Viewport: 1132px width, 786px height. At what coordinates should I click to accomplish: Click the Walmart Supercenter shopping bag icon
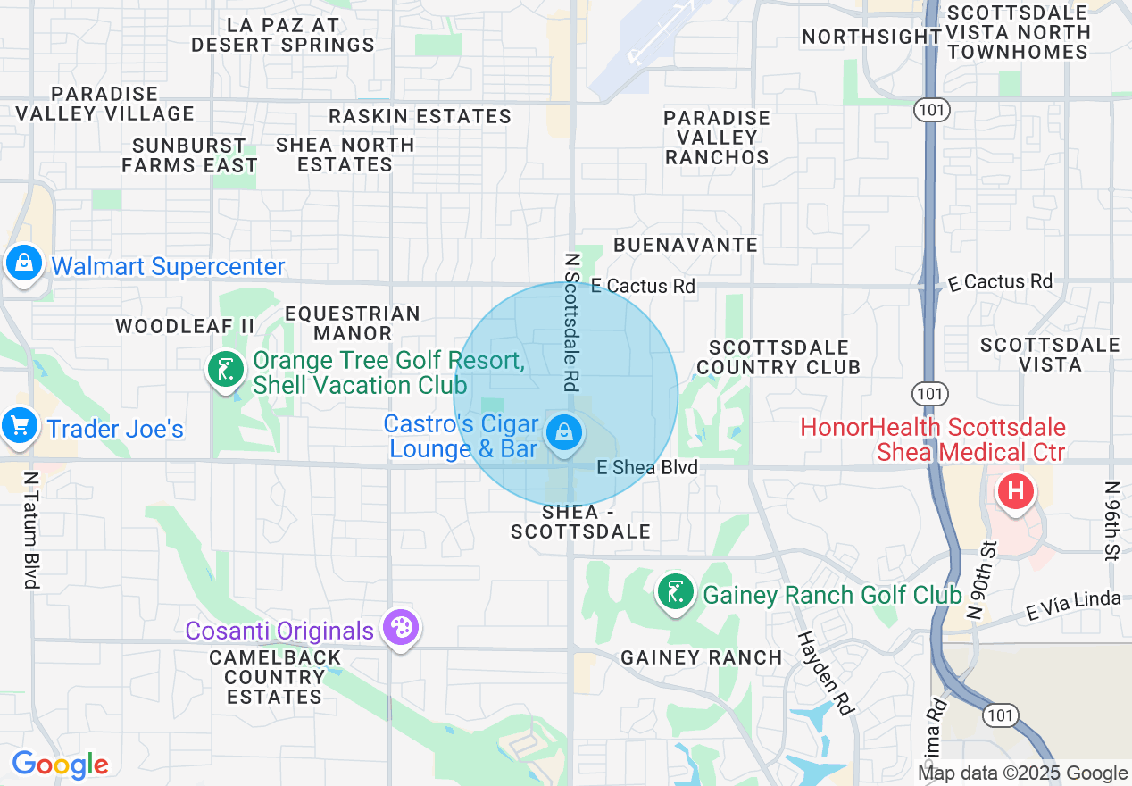click(24, 264)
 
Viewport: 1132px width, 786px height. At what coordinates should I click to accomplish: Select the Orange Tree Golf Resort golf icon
click(227, 369)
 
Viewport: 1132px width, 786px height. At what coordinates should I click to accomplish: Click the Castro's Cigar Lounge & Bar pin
click(563, 434)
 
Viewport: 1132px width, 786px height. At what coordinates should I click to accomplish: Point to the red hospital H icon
click(1015, 490)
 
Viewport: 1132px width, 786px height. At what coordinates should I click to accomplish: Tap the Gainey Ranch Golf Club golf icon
click(676, 592)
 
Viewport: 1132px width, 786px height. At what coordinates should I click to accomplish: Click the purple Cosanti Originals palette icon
click(400, 628)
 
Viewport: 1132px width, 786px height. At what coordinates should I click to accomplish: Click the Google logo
click(60, 765)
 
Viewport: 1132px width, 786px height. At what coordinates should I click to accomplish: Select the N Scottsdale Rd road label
click(571, 322)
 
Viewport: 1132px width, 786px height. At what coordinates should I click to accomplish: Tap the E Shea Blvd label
click(647, 467)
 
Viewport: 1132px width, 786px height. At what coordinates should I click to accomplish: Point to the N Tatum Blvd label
click(32, 531)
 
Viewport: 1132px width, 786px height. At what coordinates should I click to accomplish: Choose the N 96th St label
click(1111, 522)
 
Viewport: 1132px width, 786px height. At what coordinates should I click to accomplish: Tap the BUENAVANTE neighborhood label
click(686, 245)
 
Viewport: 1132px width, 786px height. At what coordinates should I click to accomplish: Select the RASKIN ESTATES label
click(420, 116)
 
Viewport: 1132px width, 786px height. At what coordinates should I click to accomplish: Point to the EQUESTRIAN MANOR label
click(353, 323)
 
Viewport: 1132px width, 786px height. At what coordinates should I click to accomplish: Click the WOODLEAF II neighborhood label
click(186, 326)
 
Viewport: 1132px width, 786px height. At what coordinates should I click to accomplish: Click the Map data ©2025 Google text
click(1022, 773)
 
